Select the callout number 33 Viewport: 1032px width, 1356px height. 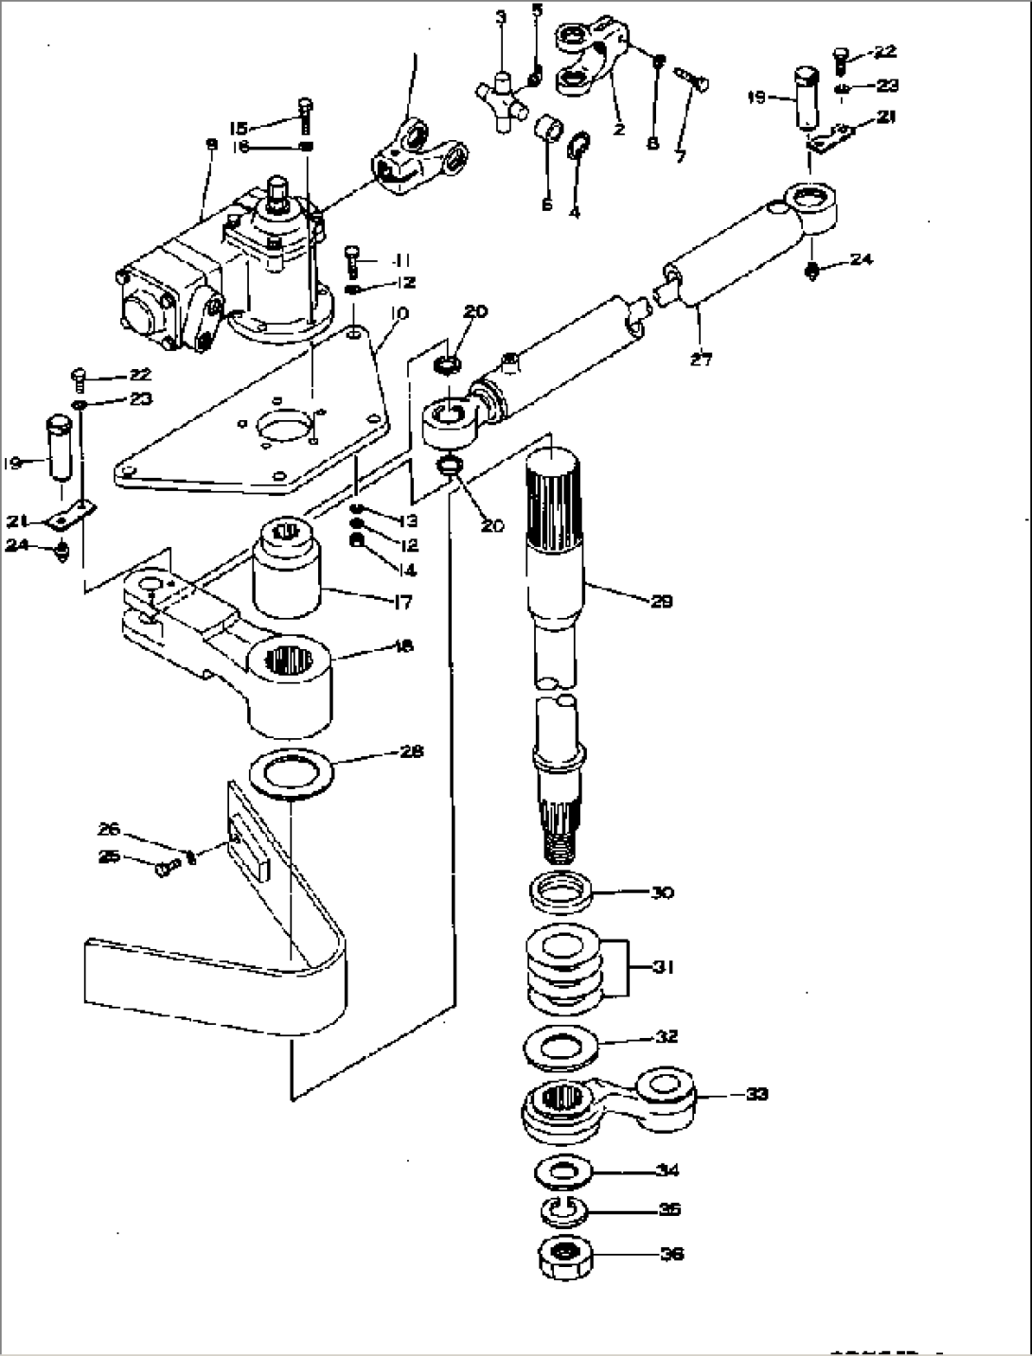(x=756, y=1094)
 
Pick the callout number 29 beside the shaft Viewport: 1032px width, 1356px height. (x=661, y=601)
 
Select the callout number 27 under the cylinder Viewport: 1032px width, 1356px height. (x=701, y=359)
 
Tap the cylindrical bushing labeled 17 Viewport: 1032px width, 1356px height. (x=286, y=572)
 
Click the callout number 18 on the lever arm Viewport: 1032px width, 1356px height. (x=402, y=646)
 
